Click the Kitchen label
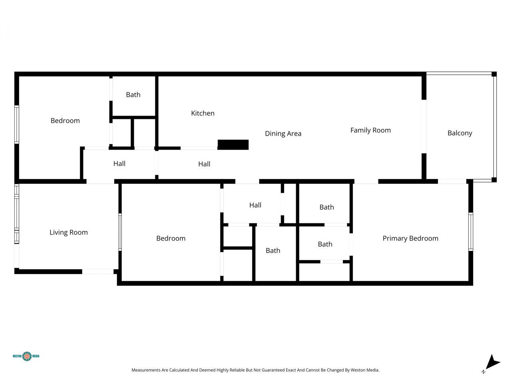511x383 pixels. tap(203, 113)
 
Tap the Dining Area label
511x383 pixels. tap(283, 134)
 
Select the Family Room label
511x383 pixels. tap(370, 130)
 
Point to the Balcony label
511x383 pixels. tap(460, 133)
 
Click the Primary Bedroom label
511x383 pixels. tap(410, 239)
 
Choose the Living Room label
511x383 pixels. tap(69, 233)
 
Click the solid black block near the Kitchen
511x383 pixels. tap(233, 145)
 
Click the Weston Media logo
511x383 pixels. tap(26, 356)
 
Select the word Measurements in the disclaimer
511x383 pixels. tap(146, 370)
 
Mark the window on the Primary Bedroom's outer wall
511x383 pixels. tap(471, 232)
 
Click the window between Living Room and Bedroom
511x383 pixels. tap(120, 232)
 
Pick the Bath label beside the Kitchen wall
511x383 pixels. tap(133, 95)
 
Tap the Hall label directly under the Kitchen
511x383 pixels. tap(204, 164)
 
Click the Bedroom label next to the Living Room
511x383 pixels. tap(171, 239)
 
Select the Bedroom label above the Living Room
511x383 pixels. tap(65, 121)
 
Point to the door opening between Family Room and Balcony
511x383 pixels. tap(424, 126)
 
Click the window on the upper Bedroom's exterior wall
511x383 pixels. tap(17, 124)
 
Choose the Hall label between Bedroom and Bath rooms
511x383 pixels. tap(255, 205)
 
